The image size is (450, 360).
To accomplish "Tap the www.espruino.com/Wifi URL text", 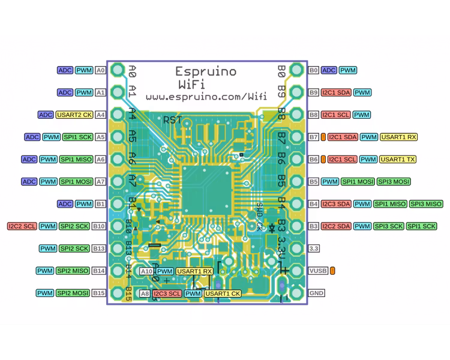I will [x=206, y=96].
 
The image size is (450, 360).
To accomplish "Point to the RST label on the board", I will [x=172, y=119].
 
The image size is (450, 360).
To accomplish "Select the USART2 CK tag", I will [x=74, y=115].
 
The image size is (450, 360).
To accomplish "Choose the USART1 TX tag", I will [x=398, y=159].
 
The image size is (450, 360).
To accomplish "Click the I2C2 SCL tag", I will [x=22, y=226].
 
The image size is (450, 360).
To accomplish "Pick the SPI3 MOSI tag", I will [x=394, y=181].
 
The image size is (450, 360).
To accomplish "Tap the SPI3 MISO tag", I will [x=426, y=204].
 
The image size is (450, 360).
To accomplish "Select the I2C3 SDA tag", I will [x=336, y=204].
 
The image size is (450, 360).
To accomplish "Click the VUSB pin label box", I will [x=317, y=271].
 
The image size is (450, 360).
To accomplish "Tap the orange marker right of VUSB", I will [x=332, y=271].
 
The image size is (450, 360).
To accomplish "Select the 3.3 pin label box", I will [x=313, y=248].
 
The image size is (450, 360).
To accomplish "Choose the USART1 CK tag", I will [x=223, y=293].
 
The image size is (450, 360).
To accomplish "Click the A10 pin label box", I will [x=147, y=271].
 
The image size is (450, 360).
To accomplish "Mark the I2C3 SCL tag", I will [x=167, y=293].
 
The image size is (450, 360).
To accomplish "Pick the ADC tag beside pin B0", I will [x=329, y=70].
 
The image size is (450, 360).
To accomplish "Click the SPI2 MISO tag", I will [x=73, y=271].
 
